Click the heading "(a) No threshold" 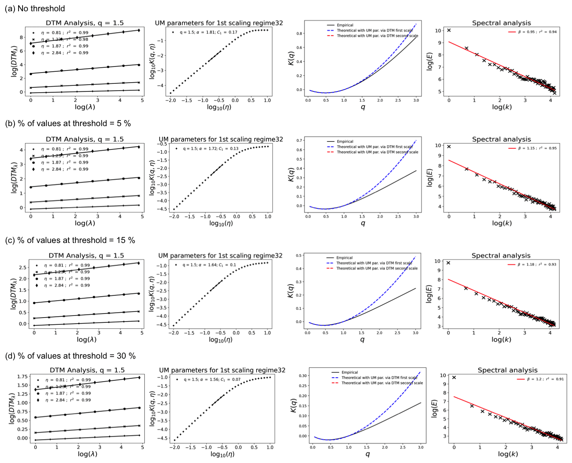tap(35, 8)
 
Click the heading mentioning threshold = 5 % tap(68, 124)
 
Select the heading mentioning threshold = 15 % tap(70, 241)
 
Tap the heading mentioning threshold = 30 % tap(70, 356)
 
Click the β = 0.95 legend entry tap(537, 32)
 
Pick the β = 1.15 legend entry tap(537, 148)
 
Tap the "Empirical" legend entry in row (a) tap(345, 25)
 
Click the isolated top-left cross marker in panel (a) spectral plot tap(449, 30)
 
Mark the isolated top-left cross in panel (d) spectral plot tap(454, 378)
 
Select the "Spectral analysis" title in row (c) tap(501, 256)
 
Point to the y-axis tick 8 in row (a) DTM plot tap(23, 37)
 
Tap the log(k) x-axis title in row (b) tap(502, 223)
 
